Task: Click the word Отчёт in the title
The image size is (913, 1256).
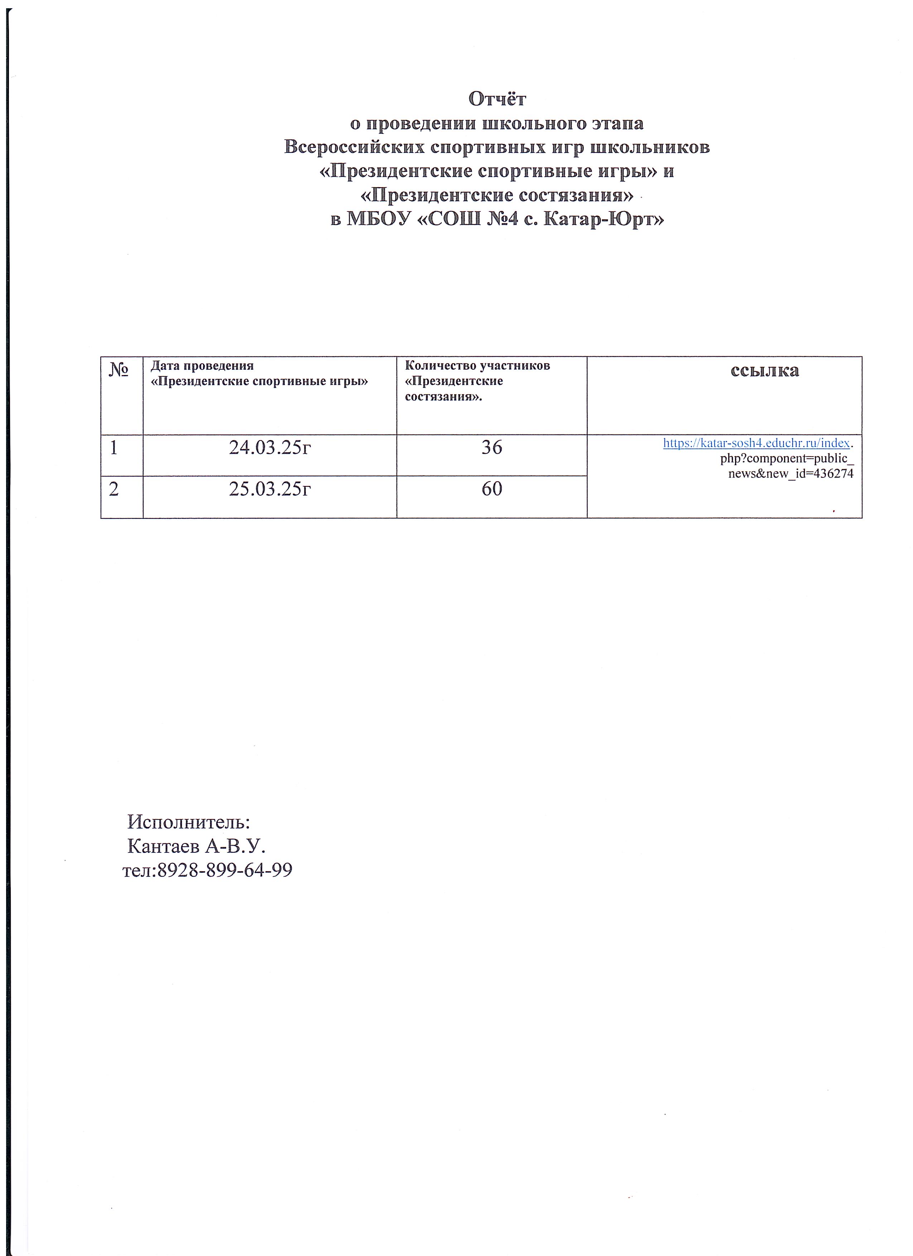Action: pyautogui.click(x=497, y=99)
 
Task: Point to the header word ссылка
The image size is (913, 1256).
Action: pyautogui.click(x=764, y=370)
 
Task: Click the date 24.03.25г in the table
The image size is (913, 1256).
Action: pyautogui.click(x=270, y=447)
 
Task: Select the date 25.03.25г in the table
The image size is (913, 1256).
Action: pyautogui.click(x=270, y=488)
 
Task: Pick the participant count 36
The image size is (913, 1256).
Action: pyautogui.click(x=491, y=447)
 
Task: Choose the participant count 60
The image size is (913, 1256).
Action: pyautogui.click(x=491, y=488)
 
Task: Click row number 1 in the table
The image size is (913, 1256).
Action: pyautogui.click(x=113, y=447)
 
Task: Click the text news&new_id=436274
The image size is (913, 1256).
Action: pyautogui.click(x=791, y=473)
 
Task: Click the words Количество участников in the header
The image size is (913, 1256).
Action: pyautogui.click(x=478, y=365)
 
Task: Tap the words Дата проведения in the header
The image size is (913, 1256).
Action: pyautogui.click(x=202, y=365)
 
